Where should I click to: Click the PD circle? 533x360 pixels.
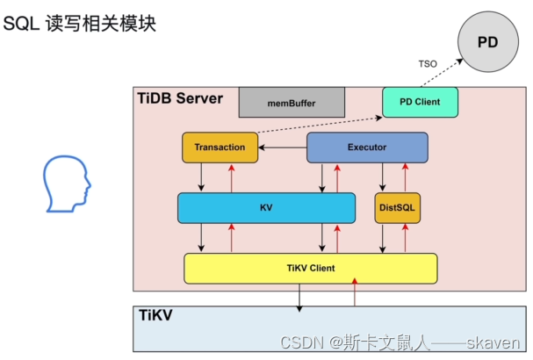click(488, 41)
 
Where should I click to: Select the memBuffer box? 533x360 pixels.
click(292, 103)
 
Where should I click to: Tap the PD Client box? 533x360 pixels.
click(420, 102)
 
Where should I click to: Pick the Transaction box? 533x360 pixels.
click(220, 148)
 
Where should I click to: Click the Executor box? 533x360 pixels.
click(367, 148)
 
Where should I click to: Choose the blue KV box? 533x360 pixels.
click(267, 208)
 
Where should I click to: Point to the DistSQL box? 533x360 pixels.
click(398, 208)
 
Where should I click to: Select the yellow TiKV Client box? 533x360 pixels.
click(311, 268)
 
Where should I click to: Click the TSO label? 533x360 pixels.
click(428, 64)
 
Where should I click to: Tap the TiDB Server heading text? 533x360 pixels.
click(180, 98)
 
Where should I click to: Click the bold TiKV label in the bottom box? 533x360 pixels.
click(155, 315)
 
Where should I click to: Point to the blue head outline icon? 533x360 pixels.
click(67, 184)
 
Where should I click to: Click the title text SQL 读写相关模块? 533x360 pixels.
click(79, 24)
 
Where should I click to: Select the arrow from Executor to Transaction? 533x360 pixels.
click(283, 148)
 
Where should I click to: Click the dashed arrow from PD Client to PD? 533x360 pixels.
click(442, 73)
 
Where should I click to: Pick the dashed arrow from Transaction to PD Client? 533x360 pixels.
click(320, 125)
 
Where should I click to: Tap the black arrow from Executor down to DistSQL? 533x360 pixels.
click(383, 176)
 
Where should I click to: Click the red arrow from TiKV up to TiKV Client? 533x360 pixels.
click(355, 292)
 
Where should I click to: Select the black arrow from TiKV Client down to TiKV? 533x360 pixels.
click(299, 298)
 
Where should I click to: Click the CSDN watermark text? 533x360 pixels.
click(400, 342)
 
